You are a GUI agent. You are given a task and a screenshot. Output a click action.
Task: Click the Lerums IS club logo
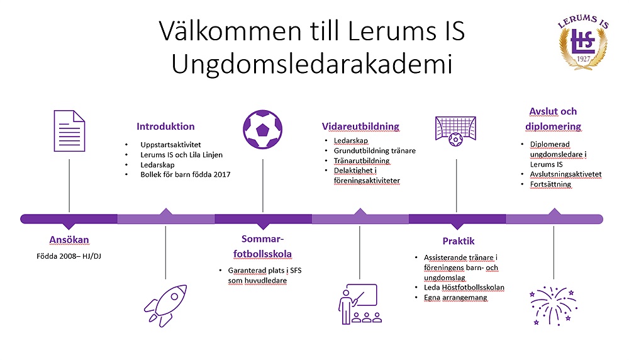pyautogui.click(x=583, y=42)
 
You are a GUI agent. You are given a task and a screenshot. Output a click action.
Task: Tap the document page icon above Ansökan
pyautogui.click(x=69, y=131)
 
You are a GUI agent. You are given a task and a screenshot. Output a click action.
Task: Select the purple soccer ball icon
pyautogui.click(x=263, y=130)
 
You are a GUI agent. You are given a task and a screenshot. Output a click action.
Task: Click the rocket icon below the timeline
pyautogui.click(x=165, y=306)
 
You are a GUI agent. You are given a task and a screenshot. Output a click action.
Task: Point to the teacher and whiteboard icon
pyautogui.click(x=359, y=304)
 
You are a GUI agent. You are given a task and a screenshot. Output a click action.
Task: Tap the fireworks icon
pyautogui.click(x=554, y=306)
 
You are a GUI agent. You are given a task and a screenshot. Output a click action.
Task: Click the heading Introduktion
pyautogui.click(x=165, y=127)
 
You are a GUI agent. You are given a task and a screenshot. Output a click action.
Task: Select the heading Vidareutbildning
pyautogui.click(x=360, y=127)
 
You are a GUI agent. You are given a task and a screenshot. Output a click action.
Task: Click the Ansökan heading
pyautogui.click(x=69, y=240)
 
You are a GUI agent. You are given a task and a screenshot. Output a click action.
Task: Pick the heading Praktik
pyautogui.click(x=459, y=241)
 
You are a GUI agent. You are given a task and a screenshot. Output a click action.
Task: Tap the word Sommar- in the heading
pyautogui.click(x=263, y=239)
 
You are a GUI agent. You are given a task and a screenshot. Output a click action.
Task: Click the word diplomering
pyautogui.click(x=553, y=127)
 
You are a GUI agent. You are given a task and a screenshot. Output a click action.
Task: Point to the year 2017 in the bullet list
pyautogui.click(x=222, y=174)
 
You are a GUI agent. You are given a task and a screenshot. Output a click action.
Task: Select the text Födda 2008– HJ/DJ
pyautogui.click(x=69, y=256)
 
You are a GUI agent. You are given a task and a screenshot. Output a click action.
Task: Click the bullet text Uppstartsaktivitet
pyautogui.click(x=170, y=145)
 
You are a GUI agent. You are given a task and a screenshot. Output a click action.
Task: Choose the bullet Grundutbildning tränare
pyautogui.click(x=375, y=151)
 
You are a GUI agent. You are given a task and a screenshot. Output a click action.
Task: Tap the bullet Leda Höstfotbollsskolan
pyautogui.click(x=464, y=288)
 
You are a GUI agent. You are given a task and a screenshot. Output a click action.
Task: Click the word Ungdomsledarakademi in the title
pyautogui.click(x=312, y=64)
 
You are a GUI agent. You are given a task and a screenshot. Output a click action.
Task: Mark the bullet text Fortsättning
pyautogui.click(x=550, y=184)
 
